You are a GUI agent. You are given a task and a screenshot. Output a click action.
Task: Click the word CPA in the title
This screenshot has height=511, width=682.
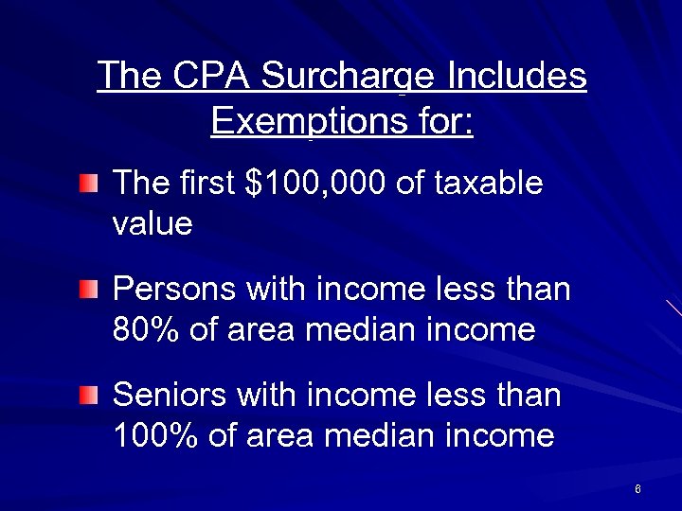(209, 75)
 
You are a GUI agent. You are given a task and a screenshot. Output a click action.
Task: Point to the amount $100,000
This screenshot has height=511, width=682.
(315, 183)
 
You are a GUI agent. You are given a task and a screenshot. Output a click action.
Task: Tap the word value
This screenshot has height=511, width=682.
(152, 224)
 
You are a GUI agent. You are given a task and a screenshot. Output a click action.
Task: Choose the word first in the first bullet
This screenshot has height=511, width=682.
(206, 183)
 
